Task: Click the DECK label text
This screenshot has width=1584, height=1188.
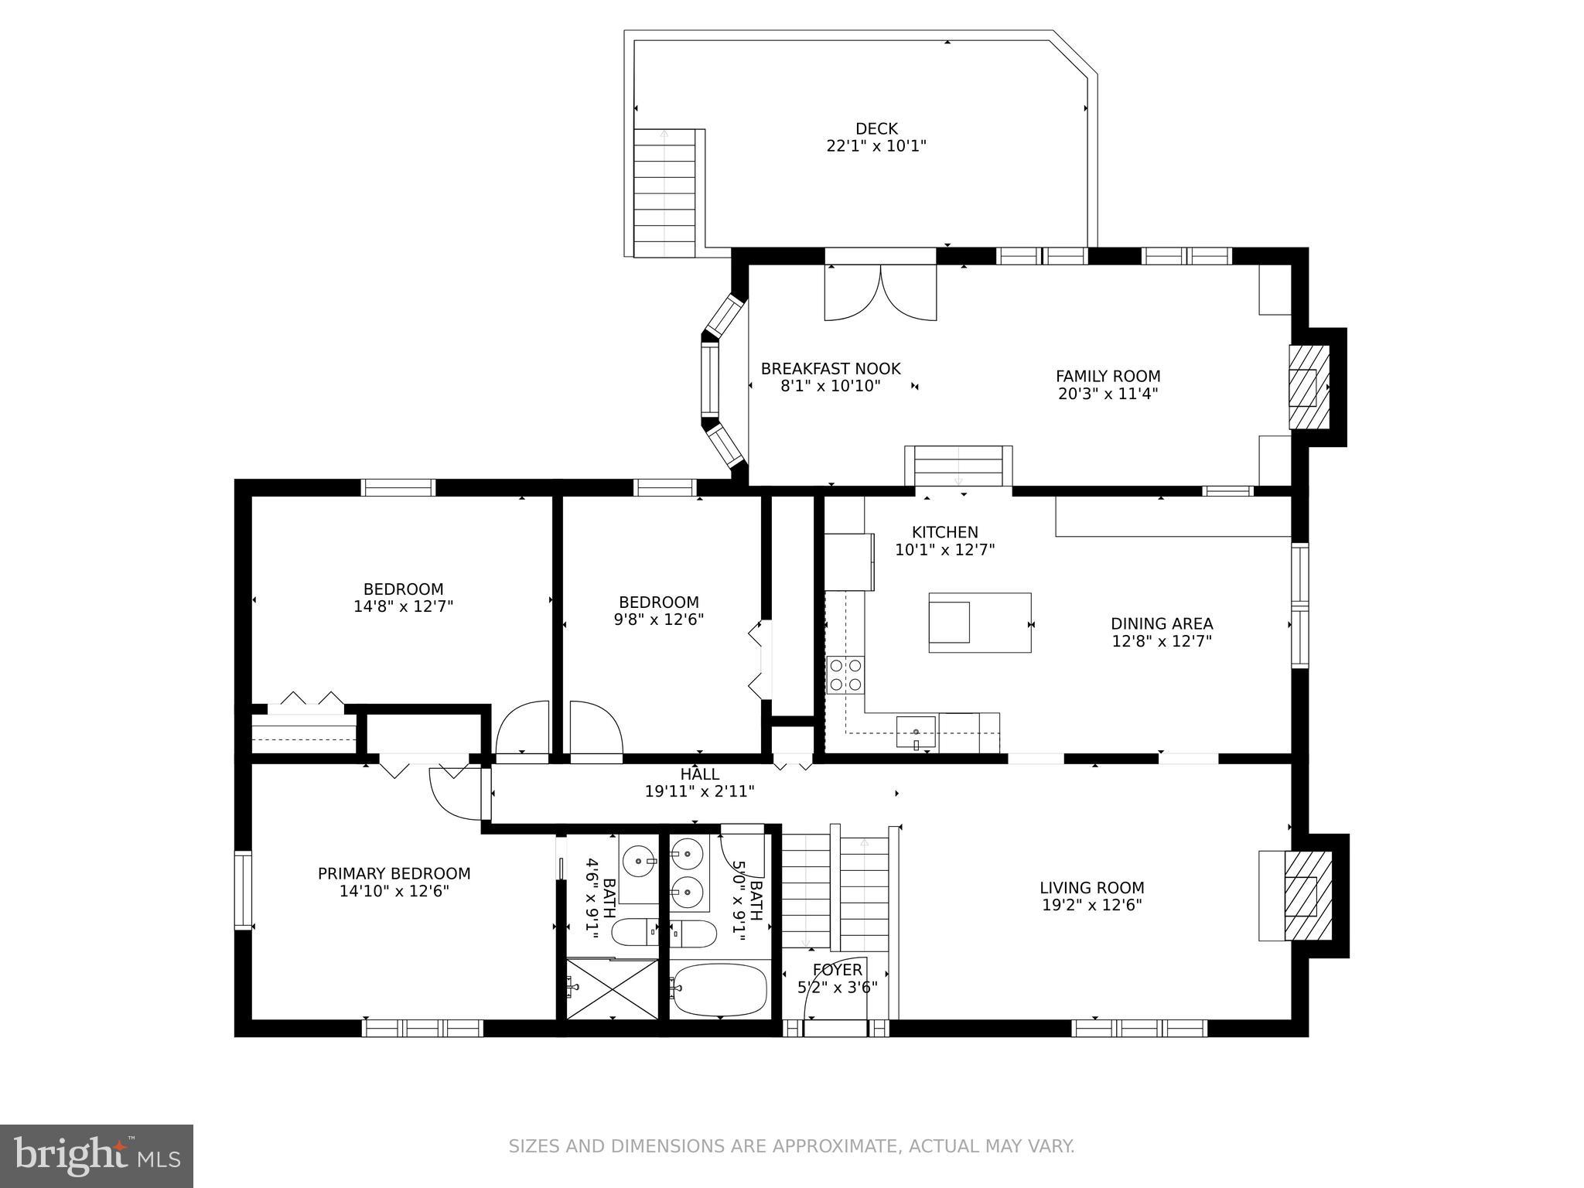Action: coord(876,128)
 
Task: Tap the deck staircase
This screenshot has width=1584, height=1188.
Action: coord(664,193)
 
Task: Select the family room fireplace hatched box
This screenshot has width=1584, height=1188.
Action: coord(1308,387)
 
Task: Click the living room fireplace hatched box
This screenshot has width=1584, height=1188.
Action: coord(1308,896)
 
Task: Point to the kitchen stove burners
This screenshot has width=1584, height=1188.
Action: coord(845,674)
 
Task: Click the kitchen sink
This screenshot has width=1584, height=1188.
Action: coord(916,732)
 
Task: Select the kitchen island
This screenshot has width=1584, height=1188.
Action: coord(979,623)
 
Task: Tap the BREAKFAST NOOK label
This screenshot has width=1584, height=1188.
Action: coord(831,369)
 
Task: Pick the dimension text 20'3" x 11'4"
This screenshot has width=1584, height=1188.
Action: coord(1108,394)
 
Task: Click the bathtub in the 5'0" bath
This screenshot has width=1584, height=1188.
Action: coord(719,989)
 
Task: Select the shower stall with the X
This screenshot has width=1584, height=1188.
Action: coord(612,989)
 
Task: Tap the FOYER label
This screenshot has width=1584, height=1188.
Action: coord(837,970)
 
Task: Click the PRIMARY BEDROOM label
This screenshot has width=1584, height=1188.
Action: coord(394,874)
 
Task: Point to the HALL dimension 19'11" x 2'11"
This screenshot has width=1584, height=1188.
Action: coord(699,791)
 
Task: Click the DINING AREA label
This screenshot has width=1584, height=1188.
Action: coord(1161,623)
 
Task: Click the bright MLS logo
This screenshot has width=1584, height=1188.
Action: coord(96,1156)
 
